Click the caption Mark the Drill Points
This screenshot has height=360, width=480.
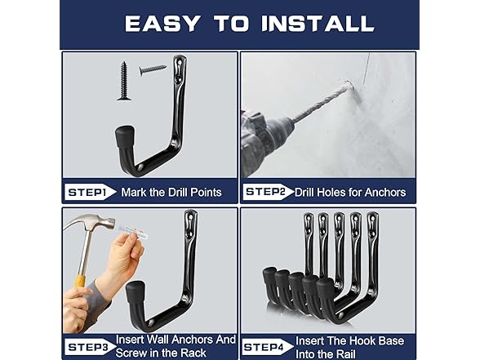coord(171,193)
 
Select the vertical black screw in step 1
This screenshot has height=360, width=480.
coord(125,81)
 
